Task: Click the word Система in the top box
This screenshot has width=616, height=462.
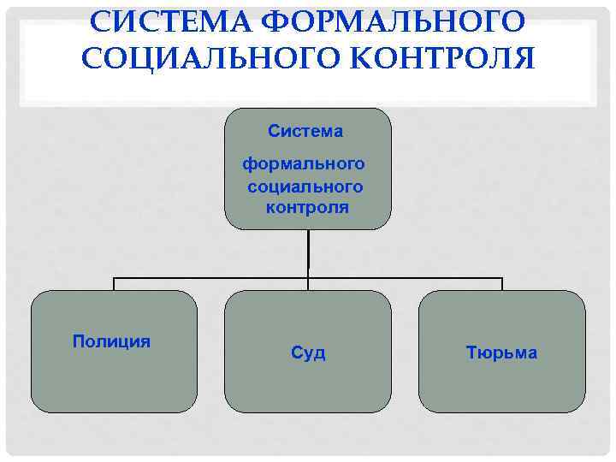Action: pos(305,132)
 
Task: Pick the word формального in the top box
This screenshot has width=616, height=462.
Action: pos(305,163)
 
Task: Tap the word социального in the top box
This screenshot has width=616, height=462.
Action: pos(305,186)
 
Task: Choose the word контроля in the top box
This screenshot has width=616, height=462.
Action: pos(307,208)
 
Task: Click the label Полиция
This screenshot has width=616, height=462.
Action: pos(111,341)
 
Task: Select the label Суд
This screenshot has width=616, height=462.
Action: pos(308,352)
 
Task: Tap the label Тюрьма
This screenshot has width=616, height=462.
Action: pos(501,352)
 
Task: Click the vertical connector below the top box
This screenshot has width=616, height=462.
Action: pos(308,252)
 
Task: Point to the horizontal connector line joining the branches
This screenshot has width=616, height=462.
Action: pos(214,278)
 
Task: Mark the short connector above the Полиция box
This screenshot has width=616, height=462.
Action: pos(115,284)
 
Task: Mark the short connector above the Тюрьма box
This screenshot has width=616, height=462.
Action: pos(502,284)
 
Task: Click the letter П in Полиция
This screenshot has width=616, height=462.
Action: pos(78,341)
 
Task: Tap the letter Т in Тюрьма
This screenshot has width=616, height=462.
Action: pos(471,352)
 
